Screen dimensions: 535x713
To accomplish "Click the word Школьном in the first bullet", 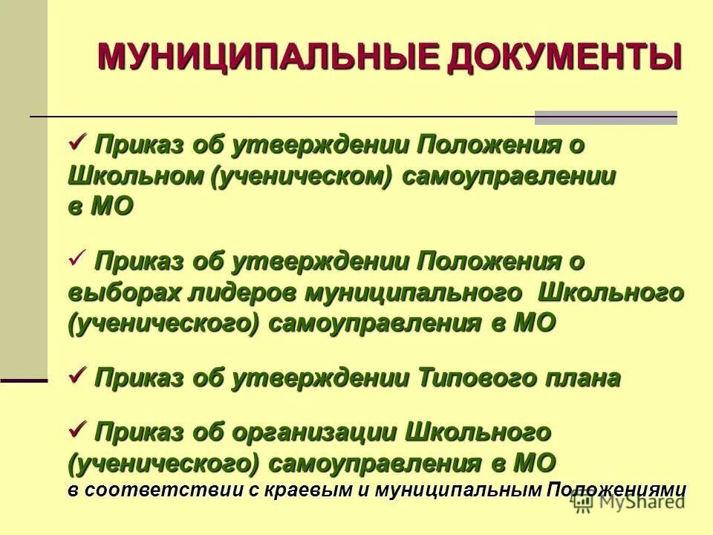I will [135, 176].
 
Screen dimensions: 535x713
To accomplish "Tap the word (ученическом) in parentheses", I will [303, 176].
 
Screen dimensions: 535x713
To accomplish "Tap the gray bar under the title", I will [606, 117].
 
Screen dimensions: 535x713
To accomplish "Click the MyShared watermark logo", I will [628, 502].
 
